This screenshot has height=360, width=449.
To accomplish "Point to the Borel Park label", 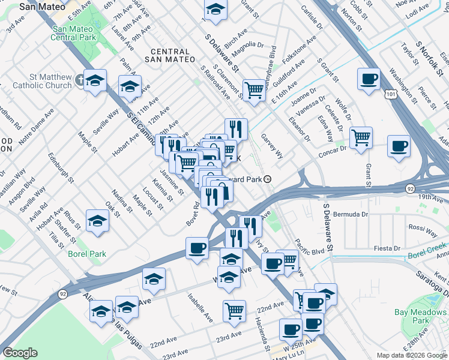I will (87, 254).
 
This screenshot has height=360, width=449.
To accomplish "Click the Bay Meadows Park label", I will (420, 316).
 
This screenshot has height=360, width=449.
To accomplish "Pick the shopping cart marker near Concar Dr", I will (361, 138).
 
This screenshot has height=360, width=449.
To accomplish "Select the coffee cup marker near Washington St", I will (369, 79).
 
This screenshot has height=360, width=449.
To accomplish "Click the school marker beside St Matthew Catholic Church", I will (95, 80).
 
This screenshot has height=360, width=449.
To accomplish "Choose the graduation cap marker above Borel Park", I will (97, 221).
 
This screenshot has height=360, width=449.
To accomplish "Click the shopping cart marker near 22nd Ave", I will (234, 310).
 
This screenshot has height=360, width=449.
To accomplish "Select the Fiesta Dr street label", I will (387, 248).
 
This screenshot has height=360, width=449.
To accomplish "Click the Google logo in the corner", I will (20, 353).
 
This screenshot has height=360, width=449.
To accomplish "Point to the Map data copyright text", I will (411, 355).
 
